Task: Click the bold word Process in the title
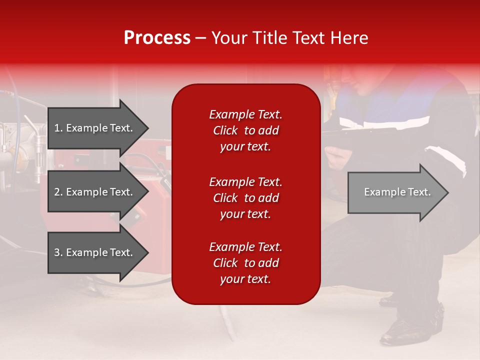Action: point(157,38)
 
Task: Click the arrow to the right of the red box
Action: point(395,192)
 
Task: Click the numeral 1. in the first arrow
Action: point(58,128)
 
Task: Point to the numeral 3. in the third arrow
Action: point(58,252)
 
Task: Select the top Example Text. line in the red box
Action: point(245,114)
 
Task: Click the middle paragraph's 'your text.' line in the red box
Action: point(245,214)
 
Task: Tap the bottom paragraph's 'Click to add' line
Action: point(245,263)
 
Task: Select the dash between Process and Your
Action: point(200,38)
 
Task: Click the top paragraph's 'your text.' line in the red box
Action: point(245,147)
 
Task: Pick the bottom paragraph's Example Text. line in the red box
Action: point(245,247)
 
